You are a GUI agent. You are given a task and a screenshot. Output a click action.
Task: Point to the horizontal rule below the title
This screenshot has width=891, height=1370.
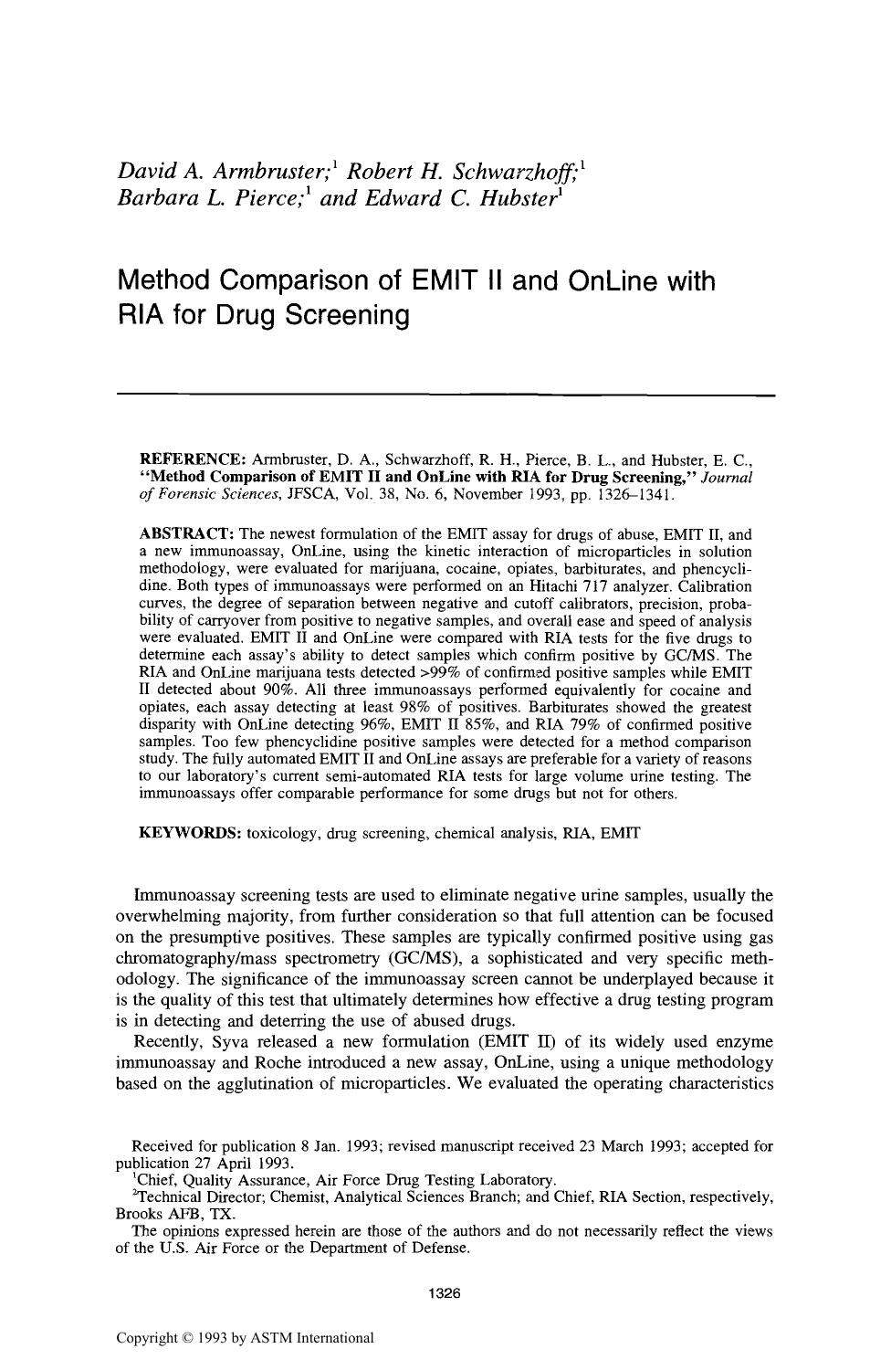click(445, 395)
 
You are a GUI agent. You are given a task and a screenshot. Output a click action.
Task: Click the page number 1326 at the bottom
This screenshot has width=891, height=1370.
click(445, 1293)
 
